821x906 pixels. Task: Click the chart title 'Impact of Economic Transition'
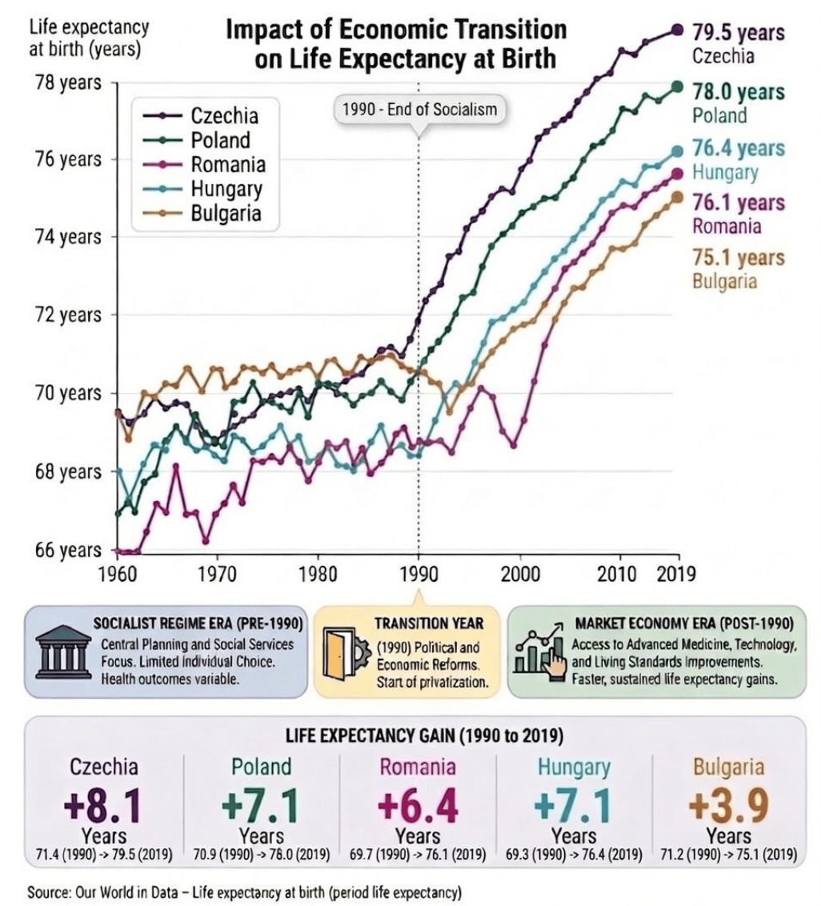[x=396, y=31]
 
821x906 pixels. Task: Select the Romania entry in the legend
[x=227, y=165]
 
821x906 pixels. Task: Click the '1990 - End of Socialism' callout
[x=419, y=109]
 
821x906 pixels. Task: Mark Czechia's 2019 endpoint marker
[x=677, y=30]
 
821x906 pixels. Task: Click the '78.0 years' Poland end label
[x=738, y=91]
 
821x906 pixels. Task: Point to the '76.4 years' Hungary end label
[x=738, y=149]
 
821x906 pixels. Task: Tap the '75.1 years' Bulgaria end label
[x=738, y=259]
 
